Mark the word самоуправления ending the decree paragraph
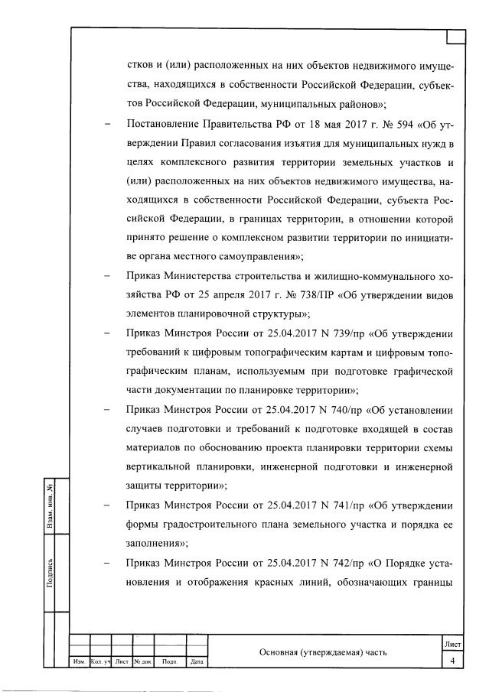256,256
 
